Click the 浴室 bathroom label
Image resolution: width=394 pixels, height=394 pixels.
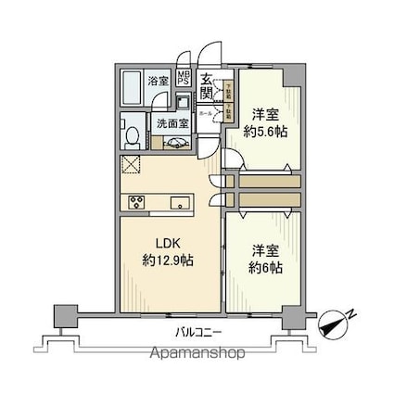pyautogui.click(x=159, y=82)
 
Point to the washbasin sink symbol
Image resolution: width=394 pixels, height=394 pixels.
pyautogui.click(x=175, y=142)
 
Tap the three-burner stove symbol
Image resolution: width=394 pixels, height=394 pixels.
pyautogui.click(x=137, y=202)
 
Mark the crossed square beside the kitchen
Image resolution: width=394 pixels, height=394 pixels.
pyautogui.click(x=130, y=168)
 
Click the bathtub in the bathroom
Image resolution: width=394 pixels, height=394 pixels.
pyautogui.click(x=134, y=88)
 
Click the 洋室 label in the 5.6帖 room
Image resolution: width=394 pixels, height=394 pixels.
pyautogui.click(x=266, y=114)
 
